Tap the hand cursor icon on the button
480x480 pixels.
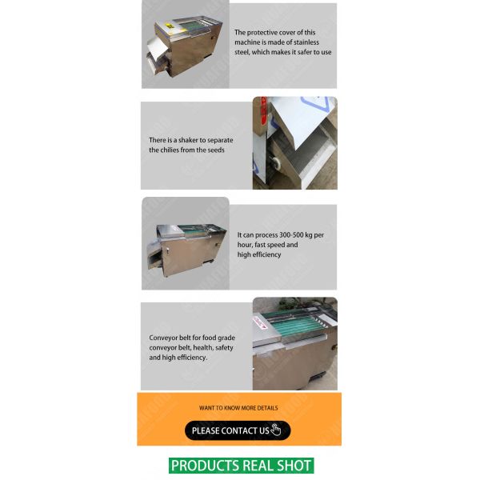point(276,430)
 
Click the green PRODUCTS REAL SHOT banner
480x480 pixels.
point(241,466)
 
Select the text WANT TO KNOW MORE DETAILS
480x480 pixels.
point(238,408)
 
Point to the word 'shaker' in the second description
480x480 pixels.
point(192,140)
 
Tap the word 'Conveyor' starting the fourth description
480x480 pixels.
point(163,338)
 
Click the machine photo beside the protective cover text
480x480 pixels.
point(185,44)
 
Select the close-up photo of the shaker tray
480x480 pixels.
point(294,144)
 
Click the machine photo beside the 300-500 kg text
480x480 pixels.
point(185,244)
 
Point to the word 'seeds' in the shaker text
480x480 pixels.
point(215,150)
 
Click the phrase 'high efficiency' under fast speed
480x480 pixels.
point(259,254)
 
